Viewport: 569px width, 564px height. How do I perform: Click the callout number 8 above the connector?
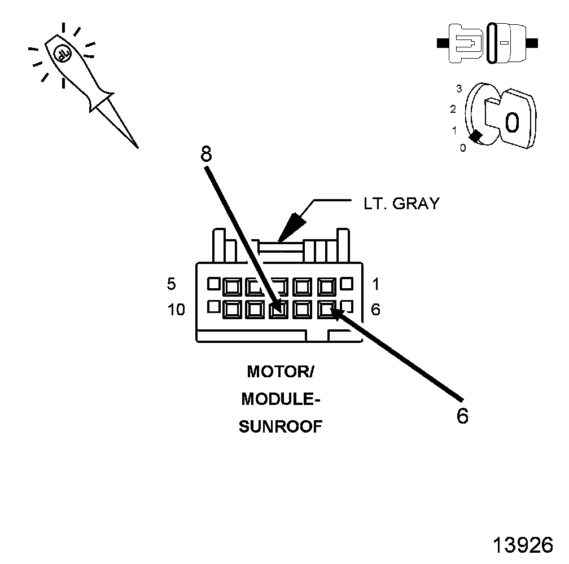click(207, 154)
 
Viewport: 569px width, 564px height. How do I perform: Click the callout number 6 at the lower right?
click(462, 416)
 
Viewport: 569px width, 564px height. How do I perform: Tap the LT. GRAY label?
click(401, 204)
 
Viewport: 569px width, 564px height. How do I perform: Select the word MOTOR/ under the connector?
click(280, 372)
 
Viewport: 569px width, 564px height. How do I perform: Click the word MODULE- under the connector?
click(281, 399)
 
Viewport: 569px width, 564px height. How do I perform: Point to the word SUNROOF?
click(281, 426)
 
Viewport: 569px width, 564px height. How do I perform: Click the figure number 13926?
click(522, 545)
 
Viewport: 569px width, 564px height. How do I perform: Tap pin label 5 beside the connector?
click(172, 284)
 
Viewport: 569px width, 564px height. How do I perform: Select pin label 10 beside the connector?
click(177, 310)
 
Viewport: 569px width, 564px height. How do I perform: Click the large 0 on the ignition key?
click(511, 122)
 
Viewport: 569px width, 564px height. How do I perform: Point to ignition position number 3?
click(459, 89)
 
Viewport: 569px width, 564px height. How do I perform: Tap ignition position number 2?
click(453, 109)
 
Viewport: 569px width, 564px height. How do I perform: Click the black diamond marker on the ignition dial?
click(476, 136)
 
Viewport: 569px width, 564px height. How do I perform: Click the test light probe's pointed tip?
click(137, 147)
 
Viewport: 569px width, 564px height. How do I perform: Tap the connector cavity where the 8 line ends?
click(277, 309)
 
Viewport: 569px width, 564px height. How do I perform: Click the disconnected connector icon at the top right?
click(488, 42)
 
